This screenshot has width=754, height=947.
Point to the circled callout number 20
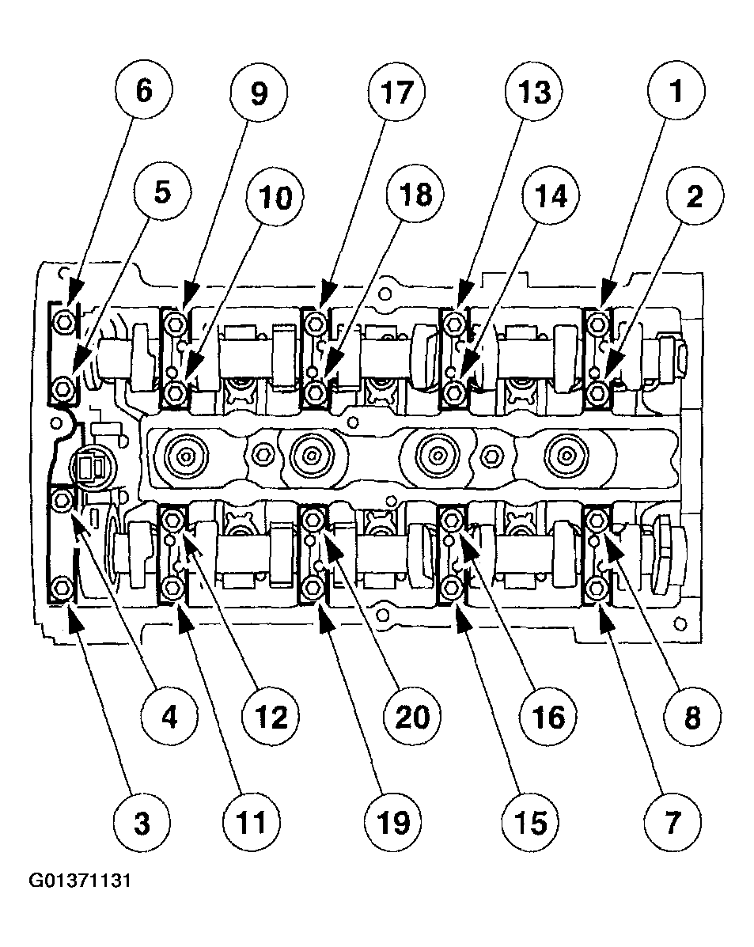[x=411, y=716]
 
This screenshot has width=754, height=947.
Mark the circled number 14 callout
[x=552, y=196]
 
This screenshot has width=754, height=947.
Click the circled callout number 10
[x=273, y=196]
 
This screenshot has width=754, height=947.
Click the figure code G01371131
[x=80, y=881]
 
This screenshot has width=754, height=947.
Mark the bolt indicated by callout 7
[x=598, y=589]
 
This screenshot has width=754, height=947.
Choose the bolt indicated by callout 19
[x=314, y=589]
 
